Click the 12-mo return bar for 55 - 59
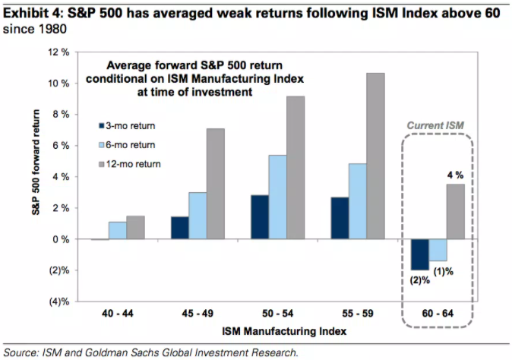(x=375, y=156)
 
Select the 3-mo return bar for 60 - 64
(x=419, y=254)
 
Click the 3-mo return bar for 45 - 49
(x=181, y=228)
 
